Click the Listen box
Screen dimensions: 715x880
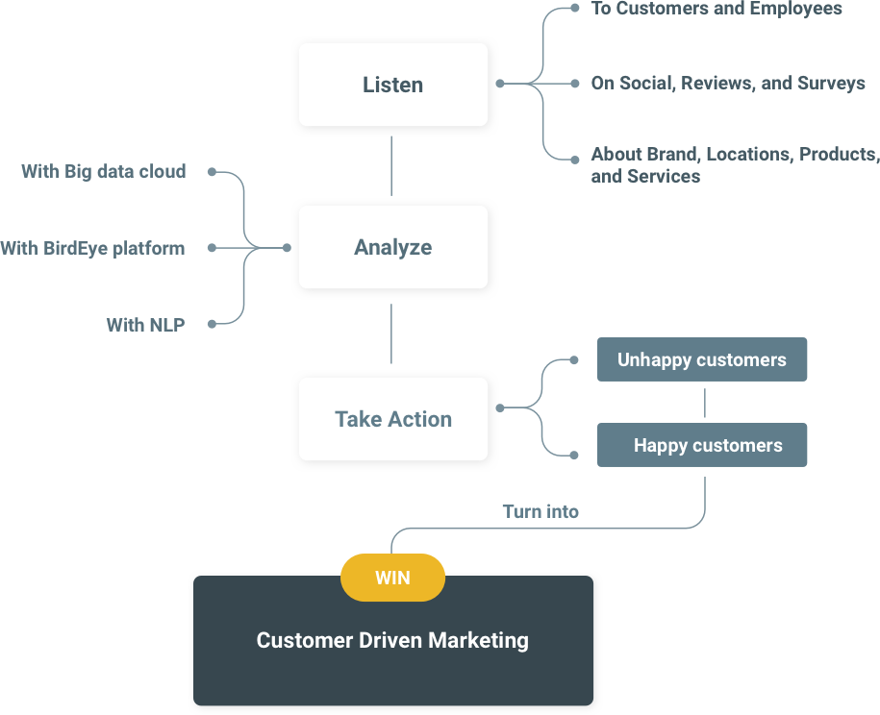(x=392, y=85)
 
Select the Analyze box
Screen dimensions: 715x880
(x=392, y=247)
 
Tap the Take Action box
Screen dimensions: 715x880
(x=392, y=419)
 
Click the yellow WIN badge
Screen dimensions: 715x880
(x=392, y=578)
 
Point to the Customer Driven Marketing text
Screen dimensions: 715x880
(x=392, y=640)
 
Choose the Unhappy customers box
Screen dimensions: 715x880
(x=702, y=359)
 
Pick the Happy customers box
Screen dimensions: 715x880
(x=702, y=445)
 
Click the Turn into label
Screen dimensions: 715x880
(x=541, y=511)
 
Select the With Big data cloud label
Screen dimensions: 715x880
(x=104, y=172)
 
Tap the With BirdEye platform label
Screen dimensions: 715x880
(x=92, y=248)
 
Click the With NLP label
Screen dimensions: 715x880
(x=145, y=325)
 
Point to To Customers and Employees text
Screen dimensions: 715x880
(x=717, y=9)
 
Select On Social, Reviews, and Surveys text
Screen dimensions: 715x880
(x=728, y=84)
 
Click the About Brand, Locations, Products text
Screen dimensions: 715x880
(x=734, y=155)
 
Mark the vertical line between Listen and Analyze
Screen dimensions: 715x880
(x=391, y=165)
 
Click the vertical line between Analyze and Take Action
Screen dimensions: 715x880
(x=391, y=333)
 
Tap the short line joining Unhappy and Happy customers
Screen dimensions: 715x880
(x=705, y=402)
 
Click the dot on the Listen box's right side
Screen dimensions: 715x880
(x=499, y=84)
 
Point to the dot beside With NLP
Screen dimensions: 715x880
(x=211, y=324)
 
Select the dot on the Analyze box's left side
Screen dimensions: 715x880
(x=287, y=248)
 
